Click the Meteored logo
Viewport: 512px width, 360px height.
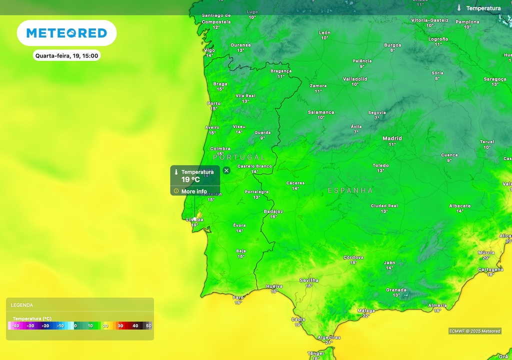(x=66, y=33)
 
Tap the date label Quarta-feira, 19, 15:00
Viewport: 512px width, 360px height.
(x=66, y=55)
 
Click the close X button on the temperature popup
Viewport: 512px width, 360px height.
(x=226, y=170)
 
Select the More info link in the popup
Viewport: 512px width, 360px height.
(x=194, y=191)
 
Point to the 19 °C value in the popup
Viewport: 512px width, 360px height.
(x=190, y=179)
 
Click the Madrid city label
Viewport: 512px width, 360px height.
(x=392, y=138)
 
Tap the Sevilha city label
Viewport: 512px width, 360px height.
(x=308, y=280)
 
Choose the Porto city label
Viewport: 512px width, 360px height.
(x=213, y=103)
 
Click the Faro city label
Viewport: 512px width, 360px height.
(x=238, y=297)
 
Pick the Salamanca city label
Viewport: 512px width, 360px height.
(x=321, y=112)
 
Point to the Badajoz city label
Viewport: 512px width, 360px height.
(x=273, y=211)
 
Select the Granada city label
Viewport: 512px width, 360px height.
(x=396, y=290)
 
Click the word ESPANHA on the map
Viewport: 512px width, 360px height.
(x=350, y=190)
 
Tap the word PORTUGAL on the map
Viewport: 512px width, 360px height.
(x=239, y=157)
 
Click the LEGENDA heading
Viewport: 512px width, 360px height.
(x=22, y=305)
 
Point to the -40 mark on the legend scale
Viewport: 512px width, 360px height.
(x=15, y=326)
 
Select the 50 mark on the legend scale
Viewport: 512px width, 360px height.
(x=148, y=326)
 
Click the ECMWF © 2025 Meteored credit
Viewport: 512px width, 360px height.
(x=475, y=331)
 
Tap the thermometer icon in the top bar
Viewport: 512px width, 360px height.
(x=459, y=8)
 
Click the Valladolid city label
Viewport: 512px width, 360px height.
(x=355, y=79)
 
